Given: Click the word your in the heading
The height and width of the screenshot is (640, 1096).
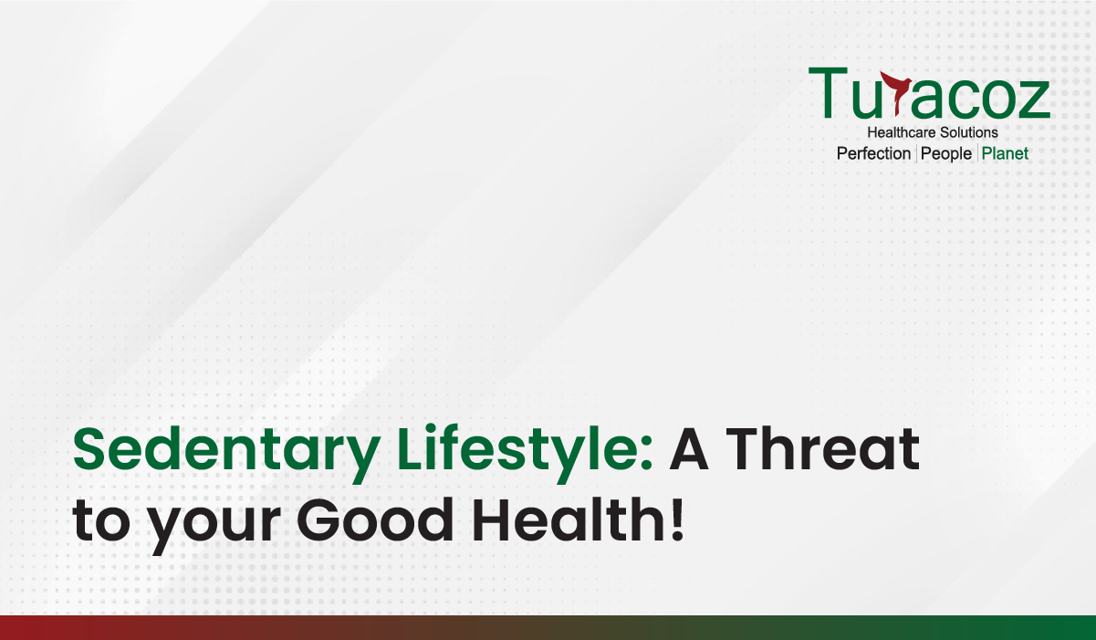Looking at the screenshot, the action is click(214, 527).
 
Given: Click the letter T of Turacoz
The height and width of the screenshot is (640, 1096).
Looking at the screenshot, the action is click(828, 93).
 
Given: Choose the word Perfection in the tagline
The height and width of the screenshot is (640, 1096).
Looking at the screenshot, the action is click(873, 153).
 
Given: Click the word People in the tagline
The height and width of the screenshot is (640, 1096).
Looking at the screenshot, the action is click(945, 154).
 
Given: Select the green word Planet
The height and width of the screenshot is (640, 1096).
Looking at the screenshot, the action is click(1005, 153).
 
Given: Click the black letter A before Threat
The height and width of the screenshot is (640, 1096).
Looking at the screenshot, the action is click(689, 448).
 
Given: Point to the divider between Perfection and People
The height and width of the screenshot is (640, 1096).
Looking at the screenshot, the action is click(915, 153).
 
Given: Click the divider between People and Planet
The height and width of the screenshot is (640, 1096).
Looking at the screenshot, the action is click(977, 153).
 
